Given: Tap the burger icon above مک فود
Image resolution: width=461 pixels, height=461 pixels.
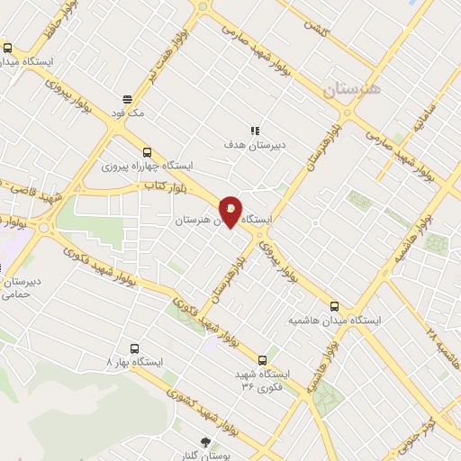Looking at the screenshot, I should click(127, 100).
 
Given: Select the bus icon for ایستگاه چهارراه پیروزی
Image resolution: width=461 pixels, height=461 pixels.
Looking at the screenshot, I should click(147, 152).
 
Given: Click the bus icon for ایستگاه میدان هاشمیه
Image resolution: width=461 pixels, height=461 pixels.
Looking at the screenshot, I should click(335, 306).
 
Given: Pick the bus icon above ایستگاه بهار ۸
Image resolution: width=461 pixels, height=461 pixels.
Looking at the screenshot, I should click(134, 348).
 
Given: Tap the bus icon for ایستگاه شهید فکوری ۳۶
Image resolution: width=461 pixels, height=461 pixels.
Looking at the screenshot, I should click(262, 358).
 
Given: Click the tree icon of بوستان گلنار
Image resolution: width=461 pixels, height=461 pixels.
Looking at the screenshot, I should click(205, 441).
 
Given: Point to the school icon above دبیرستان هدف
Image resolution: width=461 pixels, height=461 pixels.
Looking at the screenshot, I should click(255, 131).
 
